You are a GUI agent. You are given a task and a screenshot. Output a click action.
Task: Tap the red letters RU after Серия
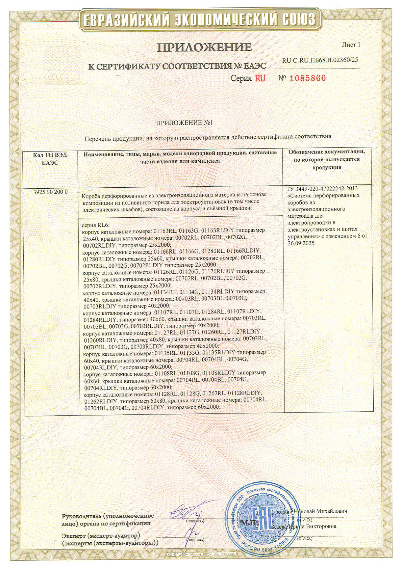260,78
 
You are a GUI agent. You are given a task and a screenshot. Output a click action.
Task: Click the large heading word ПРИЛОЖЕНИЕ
205,47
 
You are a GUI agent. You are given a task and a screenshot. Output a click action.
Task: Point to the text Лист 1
351,44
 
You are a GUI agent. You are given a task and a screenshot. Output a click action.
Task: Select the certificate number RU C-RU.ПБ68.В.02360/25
320,60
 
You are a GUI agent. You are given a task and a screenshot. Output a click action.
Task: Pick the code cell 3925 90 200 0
50,192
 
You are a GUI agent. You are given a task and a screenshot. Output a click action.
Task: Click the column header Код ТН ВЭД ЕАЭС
50,158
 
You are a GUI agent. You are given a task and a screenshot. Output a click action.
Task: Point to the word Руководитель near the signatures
81,516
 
